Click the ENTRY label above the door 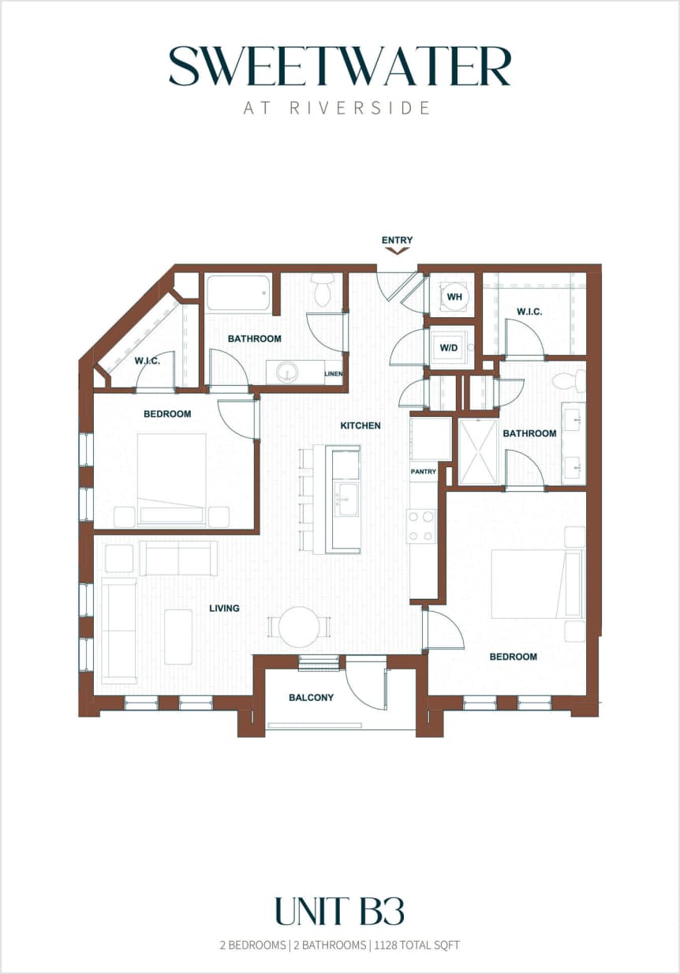pos(397,240)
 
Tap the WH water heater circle pos(454,297)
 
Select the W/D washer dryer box pos(449,347)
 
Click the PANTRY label pos(423,471)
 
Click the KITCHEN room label pos(360,425)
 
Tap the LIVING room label pos(224,608)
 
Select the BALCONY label pos(311,697)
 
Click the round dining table pos(299,627)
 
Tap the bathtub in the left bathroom pos(239,294)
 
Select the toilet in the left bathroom pos(323,290)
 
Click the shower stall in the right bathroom pos(478,451)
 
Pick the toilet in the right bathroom pos(568,382)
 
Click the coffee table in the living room pos(178,636)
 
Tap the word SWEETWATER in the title pos(340,67)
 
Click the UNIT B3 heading pos(339,911)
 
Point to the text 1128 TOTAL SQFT pos(417,945)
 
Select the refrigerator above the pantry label pos(430,439)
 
